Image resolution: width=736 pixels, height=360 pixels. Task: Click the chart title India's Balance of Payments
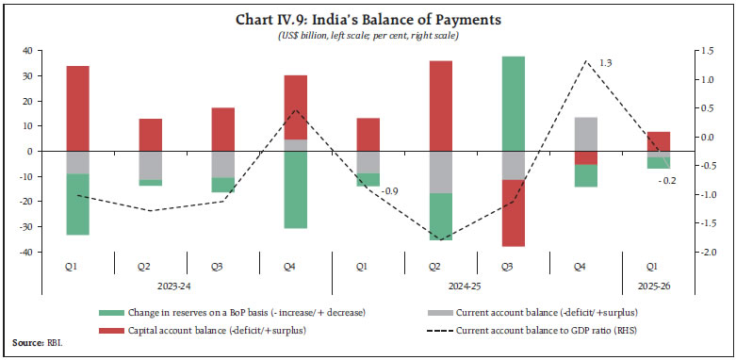click(x=368, y=19)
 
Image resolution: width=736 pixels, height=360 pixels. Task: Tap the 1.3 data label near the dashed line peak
click(x=606, y=62)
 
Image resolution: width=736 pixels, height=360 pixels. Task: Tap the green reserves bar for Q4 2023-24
click(x=296, y=189)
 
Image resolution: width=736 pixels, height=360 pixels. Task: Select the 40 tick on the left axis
click(x=27, y=51)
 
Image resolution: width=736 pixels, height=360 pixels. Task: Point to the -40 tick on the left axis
click(x=25, y=253)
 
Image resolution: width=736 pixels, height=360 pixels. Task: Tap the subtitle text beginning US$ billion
click(x=368, y=35)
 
